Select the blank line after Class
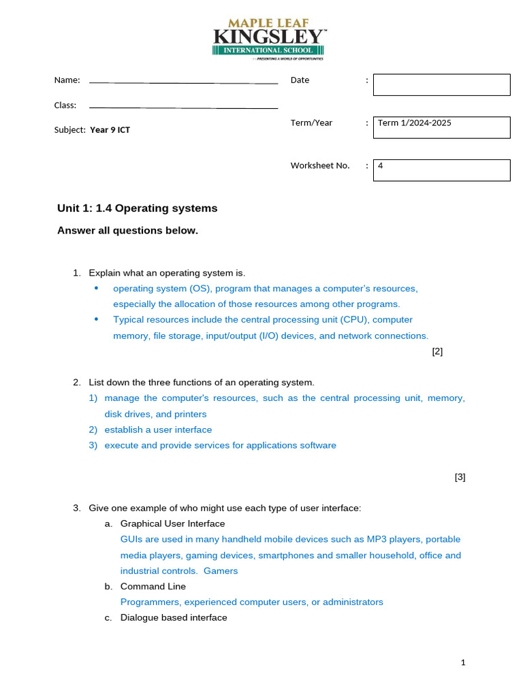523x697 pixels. (183, 107)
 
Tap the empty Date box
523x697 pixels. (441, 85)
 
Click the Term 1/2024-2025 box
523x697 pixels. (441, 127)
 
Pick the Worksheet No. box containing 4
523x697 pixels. (441, 170)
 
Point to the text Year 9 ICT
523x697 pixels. (110, 130)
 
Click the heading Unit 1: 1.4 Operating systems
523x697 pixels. (137, 208)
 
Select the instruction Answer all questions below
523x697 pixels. (127, 231)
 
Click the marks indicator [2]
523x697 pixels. (437, 351)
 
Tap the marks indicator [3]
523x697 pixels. (460, 477)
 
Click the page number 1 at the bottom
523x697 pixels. (462, 662)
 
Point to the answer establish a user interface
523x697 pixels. (158, 429)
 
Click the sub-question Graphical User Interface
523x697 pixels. (172, 523)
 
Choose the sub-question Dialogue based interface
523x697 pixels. (174, 617)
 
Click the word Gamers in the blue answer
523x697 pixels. (221, 571)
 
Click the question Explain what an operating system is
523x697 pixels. (167, 273)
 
